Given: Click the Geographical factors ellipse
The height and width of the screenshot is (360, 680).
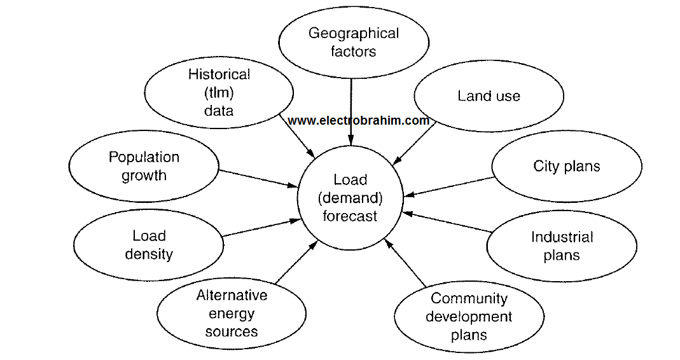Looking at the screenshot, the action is coord(354,43).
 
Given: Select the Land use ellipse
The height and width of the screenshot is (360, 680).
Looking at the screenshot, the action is coord(489,96).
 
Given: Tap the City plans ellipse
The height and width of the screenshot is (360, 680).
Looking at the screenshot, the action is coord(566,167).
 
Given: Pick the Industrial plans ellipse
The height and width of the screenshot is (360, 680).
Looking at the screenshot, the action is coord(562,246).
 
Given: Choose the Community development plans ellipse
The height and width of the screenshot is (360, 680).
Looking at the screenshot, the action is coord(469,316).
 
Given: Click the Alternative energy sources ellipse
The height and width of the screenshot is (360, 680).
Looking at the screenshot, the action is coord(232,313).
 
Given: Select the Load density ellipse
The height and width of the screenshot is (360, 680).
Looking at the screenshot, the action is coord(149,245).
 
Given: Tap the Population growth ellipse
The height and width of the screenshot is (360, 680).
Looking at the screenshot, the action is coord(144,166).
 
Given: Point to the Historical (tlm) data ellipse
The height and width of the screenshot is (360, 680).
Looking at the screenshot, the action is coord(219,92).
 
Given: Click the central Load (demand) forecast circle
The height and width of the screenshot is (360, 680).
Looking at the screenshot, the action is coord(350,198).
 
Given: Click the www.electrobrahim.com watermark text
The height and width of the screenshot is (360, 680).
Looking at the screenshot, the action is coord(358,120).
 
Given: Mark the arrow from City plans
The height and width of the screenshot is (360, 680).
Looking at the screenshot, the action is coord(448,188).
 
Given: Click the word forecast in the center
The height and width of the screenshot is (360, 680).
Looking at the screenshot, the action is coord(350,216).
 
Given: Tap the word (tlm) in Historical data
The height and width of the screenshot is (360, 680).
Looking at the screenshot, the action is coord(219,93).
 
